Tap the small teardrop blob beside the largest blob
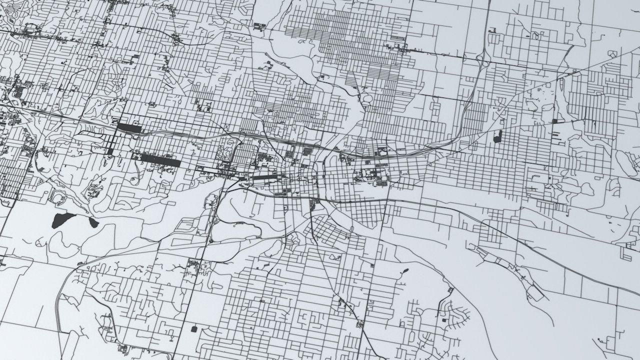93,222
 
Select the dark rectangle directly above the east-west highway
129,128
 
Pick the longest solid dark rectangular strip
160,160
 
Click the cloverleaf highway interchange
482,59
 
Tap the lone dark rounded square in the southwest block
194,328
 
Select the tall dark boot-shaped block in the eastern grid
497,136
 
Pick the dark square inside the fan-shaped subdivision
443,319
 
